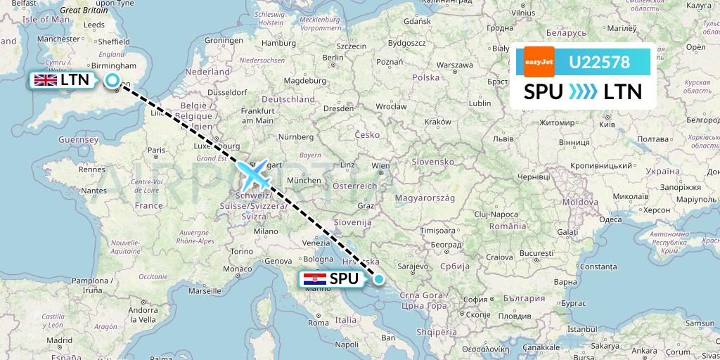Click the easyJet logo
539,62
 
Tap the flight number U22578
599,63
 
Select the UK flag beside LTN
46,80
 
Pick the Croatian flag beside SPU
309,279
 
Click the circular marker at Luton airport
112,81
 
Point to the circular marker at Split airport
379,279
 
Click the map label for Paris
156,150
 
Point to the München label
304,181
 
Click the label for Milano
266,231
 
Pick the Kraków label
437,121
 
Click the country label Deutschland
288,100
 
